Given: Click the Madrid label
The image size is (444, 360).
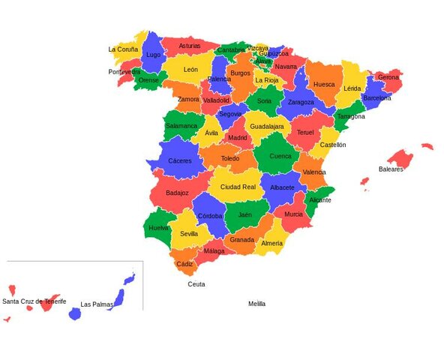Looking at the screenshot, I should (238, 138).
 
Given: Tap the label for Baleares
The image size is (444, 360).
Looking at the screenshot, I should (391, 169).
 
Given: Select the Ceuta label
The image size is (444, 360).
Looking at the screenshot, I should (196, 284).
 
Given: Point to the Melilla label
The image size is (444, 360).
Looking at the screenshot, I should (256, 304).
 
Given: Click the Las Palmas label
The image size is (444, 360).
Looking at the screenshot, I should (97, 304).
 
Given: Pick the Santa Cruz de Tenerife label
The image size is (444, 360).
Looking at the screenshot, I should (34, 301).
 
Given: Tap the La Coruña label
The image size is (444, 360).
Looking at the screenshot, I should (123, 49).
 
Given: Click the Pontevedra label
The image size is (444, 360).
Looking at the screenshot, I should (124, 72).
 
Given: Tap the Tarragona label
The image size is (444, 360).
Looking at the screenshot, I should (351, 116).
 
